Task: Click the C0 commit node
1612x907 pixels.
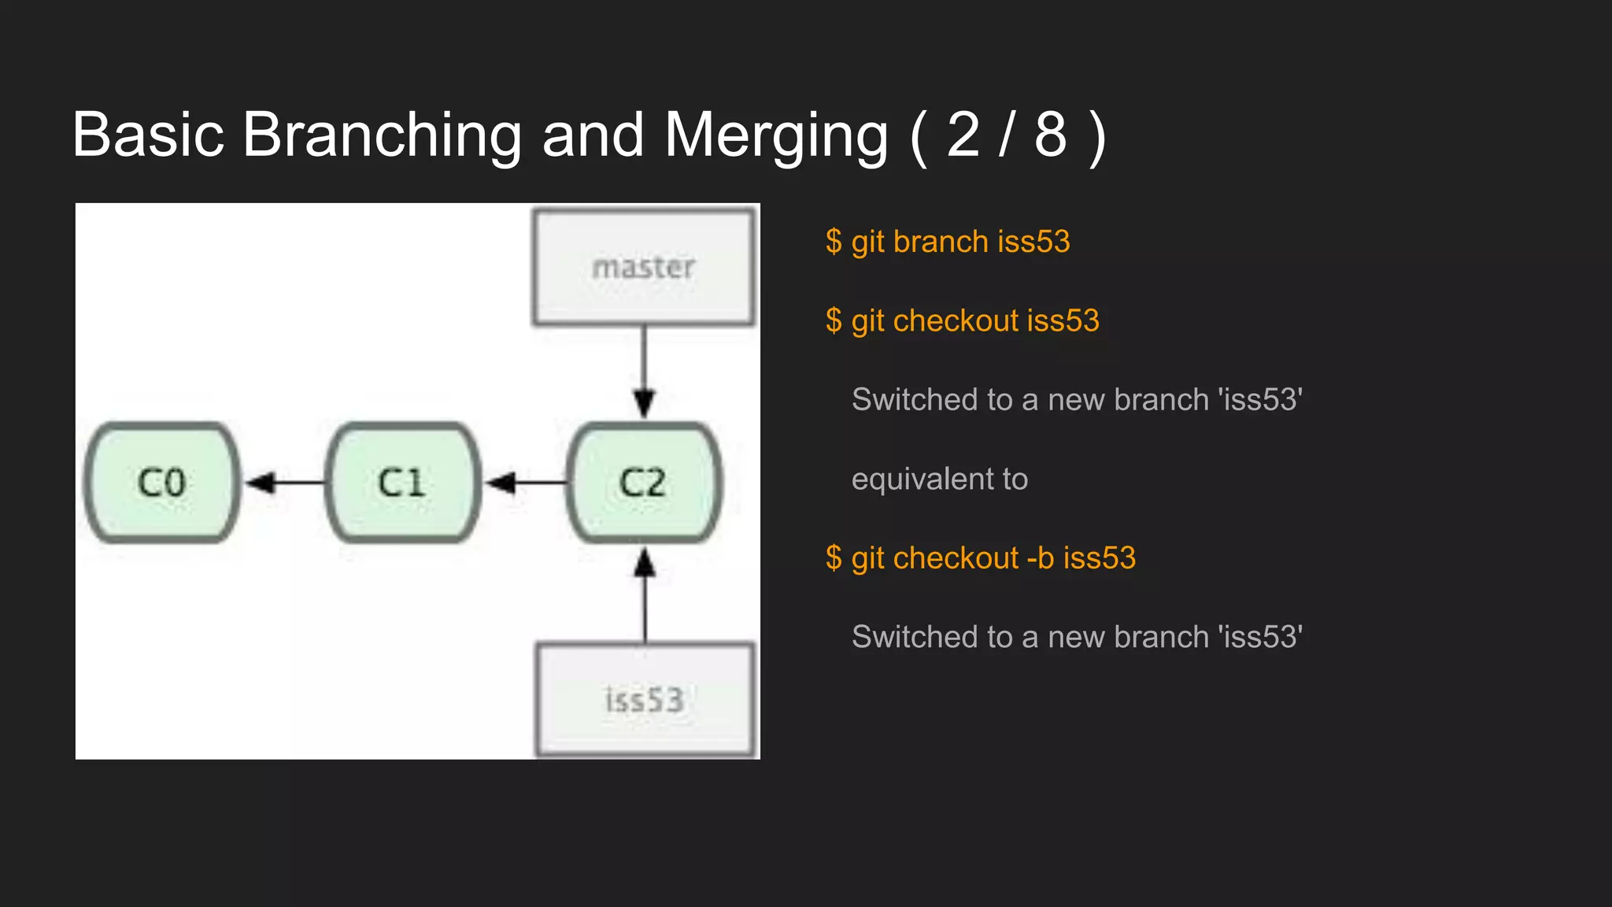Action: pyautogui.click(x=162, y=482)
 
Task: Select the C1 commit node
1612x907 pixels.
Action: pyautogui.click(x=402, y=482)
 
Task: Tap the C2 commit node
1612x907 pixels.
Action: pyautogui.click(x=643, y=482)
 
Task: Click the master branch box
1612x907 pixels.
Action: pyautogui.click(x=644, y=267)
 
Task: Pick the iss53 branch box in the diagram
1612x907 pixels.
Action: pyautogui.click(x=645, y=700)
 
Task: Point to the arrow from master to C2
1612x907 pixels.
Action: pyautogui.click(x=645, y=370)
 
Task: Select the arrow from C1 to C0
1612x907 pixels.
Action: pyautogui.click(x=283, y=482)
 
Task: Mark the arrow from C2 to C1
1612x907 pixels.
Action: pyautogui.click(x=524, y=482)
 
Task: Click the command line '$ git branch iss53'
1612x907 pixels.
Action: pyautogui.click(x=948, y=242)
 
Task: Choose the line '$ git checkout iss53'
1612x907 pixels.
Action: pyautogui.click(x=962, y=321)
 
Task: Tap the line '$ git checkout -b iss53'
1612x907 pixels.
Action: pyautogui.click(x=981, y=558)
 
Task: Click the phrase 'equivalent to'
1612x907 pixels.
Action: pyautogui.click(x=940, y=479)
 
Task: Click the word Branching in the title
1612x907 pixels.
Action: pyautogui.click(x=382, y=135)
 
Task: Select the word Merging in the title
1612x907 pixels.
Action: pyautogui.click(x=776, y=135)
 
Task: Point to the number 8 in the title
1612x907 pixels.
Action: pyautogui.click(x=1050, y=135)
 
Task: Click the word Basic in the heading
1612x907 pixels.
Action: pyautogui.click(x=149, y=135)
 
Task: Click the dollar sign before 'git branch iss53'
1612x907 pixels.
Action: pyautogui.click(x=834, y=242)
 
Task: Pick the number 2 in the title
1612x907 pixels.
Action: pyautogui.click(x=963, y=135)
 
